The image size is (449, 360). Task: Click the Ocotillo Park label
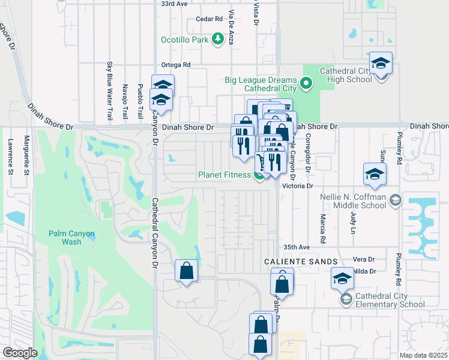tap(184, 40)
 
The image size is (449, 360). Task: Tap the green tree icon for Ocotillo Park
tap(215, 40)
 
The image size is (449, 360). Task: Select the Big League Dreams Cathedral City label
tap(261, 84)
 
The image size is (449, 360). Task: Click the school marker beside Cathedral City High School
tap(380, 64)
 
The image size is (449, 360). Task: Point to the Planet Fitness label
tap(224, 175)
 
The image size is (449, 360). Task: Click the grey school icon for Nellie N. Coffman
tap(395, 200)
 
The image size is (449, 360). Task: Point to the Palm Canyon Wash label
tap(71, 238)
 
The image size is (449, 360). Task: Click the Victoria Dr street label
tap(302, 186)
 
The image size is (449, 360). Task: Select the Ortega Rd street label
tap(176, 65)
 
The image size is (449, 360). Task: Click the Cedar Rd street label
tap(209, 19)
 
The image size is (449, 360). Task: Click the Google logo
tap(20, 353)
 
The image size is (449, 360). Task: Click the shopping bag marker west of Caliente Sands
tap(186, 271)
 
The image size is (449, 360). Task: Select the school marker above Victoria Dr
tap(375, 175)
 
